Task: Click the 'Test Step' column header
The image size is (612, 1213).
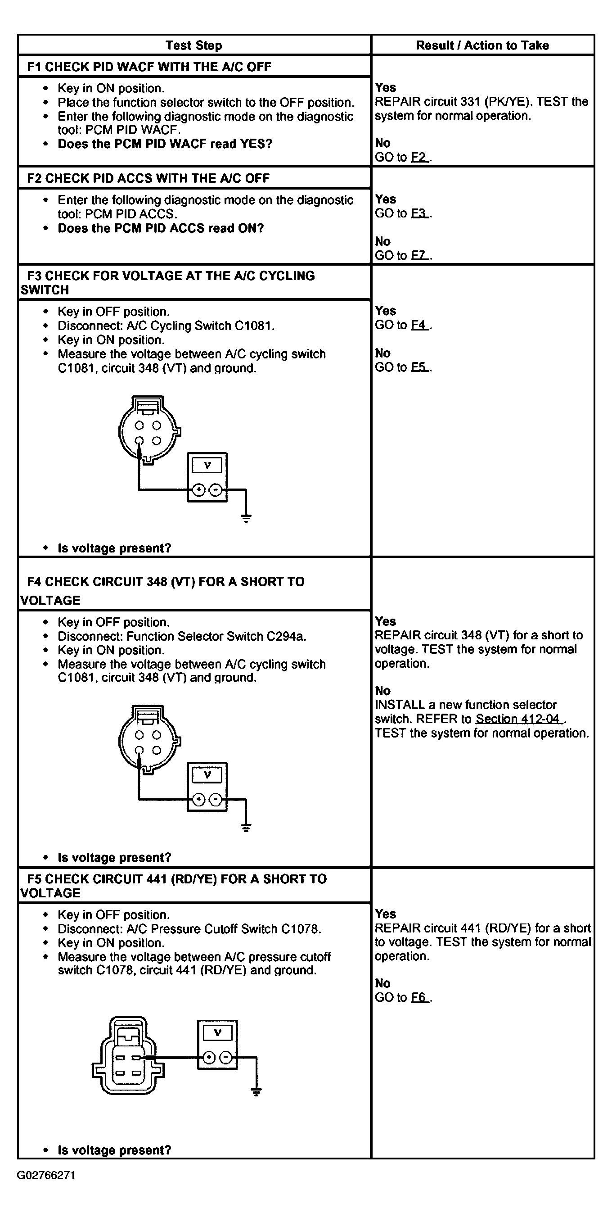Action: click(193, 45)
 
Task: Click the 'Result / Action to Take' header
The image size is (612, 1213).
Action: click(482, 45)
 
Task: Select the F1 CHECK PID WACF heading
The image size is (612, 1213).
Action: click(149, 67)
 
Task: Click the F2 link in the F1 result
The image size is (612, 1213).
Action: click(419, 157)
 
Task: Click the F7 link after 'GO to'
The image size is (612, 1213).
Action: click(419, 256)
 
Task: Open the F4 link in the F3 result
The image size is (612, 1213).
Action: click(419, 325)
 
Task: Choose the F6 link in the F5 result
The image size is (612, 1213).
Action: click(419, 997)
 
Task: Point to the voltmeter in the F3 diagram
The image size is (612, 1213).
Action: click(207, 477)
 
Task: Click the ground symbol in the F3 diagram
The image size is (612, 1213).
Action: click(246, 518)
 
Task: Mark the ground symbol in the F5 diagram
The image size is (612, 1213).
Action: click(256, 1092)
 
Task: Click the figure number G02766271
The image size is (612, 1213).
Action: click(46, 1175)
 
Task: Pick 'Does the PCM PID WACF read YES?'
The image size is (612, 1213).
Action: click(165, 144)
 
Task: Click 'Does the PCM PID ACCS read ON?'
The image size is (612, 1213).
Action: click(161, 228)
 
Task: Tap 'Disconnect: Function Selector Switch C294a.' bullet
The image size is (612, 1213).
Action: click(182, 637)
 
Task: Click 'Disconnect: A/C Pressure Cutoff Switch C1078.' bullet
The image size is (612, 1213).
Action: click(189, 929)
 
